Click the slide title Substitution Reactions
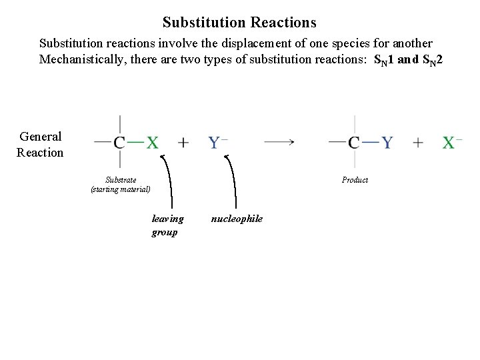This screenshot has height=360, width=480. tap(239, 23)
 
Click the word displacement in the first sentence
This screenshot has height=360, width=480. tap(253, 43)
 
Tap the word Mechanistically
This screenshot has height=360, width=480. tap(82, 59)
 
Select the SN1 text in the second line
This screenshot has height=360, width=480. tap(385, 60)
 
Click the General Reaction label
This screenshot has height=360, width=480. tap(40, 144)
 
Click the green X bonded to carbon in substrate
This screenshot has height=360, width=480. tap(153, 142)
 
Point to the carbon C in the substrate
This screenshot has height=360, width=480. tap(120, 142)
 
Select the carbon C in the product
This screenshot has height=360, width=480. tap(354, 142)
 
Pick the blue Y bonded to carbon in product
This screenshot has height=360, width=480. tap(387, 142)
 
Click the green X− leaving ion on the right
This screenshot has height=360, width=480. tap(451, 142)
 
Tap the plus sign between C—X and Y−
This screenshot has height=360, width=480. tap(183, 142)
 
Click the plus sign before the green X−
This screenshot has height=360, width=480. tap(418, 142)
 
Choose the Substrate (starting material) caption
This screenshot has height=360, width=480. tap(121, 185)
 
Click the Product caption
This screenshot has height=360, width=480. tap(355, 180)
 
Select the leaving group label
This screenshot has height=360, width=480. tap(167, 225)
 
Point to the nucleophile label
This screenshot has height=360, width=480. tap(237, 219)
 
